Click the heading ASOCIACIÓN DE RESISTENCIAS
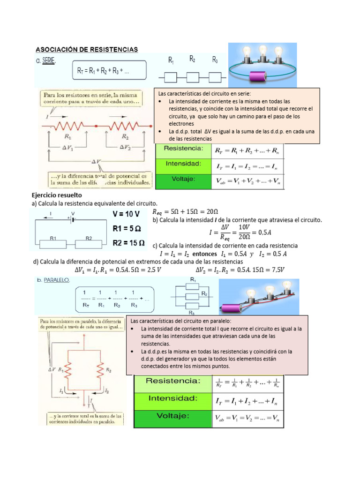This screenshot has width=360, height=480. click(x=87, y=49)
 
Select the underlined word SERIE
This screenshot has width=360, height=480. click(x=48, y=60)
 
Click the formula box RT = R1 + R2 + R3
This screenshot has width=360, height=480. click(x=109, y=71)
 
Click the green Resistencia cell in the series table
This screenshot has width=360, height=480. click(x=184, y=149)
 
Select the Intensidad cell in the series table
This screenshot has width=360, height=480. click(x=184, y=164)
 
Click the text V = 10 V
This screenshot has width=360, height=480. click(x=126, y=214)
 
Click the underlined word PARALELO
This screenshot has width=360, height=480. click(x=56, y=279)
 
